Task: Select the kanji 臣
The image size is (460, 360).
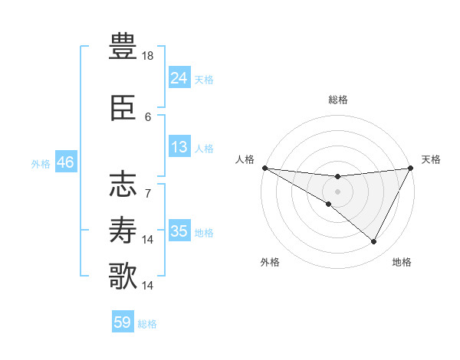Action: (x=123, y=110)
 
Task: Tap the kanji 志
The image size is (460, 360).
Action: (x=123, y=185)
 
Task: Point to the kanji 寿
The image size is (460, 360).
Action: (x=123, y=230)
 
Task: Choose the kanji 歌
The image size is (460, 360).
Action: (x=123, y=276)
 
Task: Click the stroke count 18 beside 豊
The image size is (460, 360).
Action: (x=149, y=56)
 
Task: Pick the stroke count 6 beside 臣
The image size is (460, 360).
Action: (x=149, y=117)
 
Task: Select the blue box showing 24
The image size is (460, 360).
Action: (x=179, y=77)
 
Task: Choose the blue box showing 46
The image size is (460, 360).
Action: (x=65, y=162)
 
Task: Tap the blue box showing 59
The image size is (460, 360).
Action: (x=123, y=322)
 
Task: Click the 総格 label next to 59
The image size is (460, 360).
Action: (x=147, y=324)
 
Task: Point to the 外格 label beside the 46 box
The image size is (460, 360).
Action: (x=41, y=164)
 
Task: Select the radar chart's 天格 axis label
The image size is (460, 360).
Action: (x=431, y=159)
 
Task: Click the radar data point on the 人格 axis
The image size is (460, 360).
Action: (x=264, y=168)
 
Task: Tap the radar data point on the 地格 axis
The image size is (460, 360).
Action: (x=374, y=242)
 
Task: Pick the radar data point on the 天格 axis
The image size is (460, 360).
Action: (x=411, y=168)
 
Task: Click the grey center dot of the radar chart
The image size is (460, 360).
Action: (x=337, y=190)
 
